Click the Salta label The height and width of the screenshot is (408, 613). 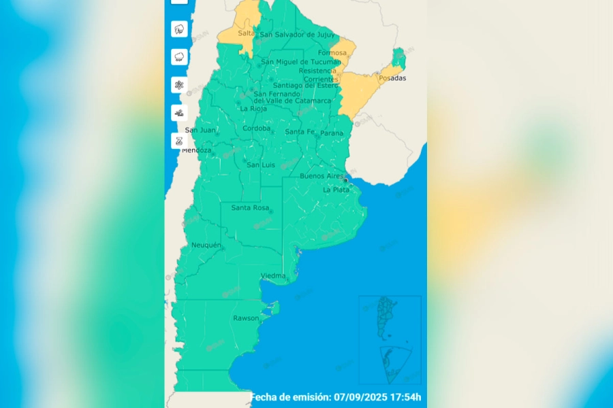click(246, 33)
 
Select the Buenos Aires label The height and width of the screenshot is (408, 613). click(321, 176)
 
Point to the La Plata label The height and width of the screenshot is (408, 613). click(336, 190)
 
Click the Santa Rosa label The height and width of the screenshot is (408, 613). click(250, 208)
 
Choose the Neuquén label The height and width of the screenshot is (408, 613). click(206, 245)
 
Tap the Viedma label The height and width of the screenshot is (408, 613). click(273, 275)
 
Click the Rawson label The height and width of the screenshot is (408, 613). click(246, 318)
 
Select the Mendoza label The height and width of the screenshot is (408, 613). click(197, 150)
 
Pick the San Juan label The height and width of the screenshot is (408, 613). click(200, 130)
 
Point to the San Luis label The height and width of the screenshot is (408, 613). click(261, 165)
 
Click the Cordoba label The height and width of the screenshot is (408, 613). click(257, 128)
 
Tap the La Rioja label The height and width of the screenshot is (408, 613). click(253, 108)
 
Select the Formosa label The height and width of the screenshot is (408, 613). click(332, 52)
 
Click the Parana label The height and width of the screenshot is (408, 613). click(332, 133)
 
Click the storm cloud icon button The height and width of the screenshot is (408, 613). click(180, 29)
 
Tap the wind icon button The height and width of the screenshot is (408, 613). click(180, 113)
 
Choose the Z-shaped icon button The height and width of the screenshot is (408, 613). click(180, 141)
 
